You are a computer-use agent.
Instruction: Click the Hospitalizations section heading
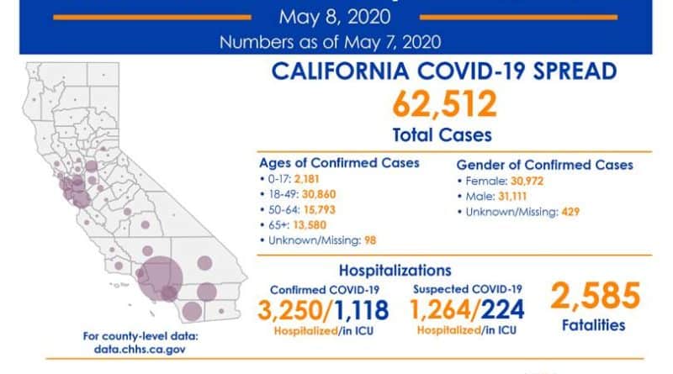tap(391, 271)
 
